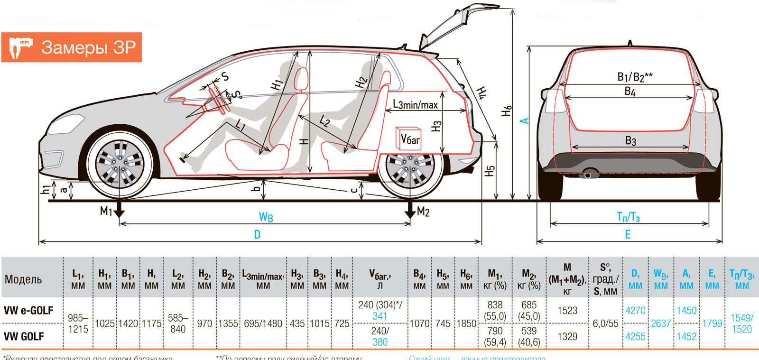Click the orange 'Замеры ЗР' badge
coord(72,47)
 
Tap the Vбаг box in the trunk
coord(409,138)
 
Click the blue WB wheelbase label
coord(266,217)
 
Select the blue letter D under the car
coord(257,235)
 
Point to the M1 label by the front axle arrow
coord(106,211)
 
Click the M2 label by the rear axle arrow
coord(423,212)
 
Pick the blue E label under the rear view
coord(628,235)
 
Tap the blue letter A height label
coord(524,120)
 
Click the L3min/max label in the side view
coord(415,104)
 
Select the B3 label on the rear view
coord(630,140)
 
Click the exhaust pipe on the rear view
coord(588,175)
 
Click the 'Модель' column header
coord(23,279)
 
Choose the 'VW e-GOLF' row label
coord(28,311)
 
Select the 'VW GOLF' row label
coord(24,337)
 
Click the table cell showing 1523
coord(567,311)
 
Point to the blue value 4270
coord(635,311)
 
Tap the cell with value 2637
coord(661,323)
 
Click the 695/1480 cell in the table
coord(263,324)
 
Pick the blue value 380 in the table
coord(380,342)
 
